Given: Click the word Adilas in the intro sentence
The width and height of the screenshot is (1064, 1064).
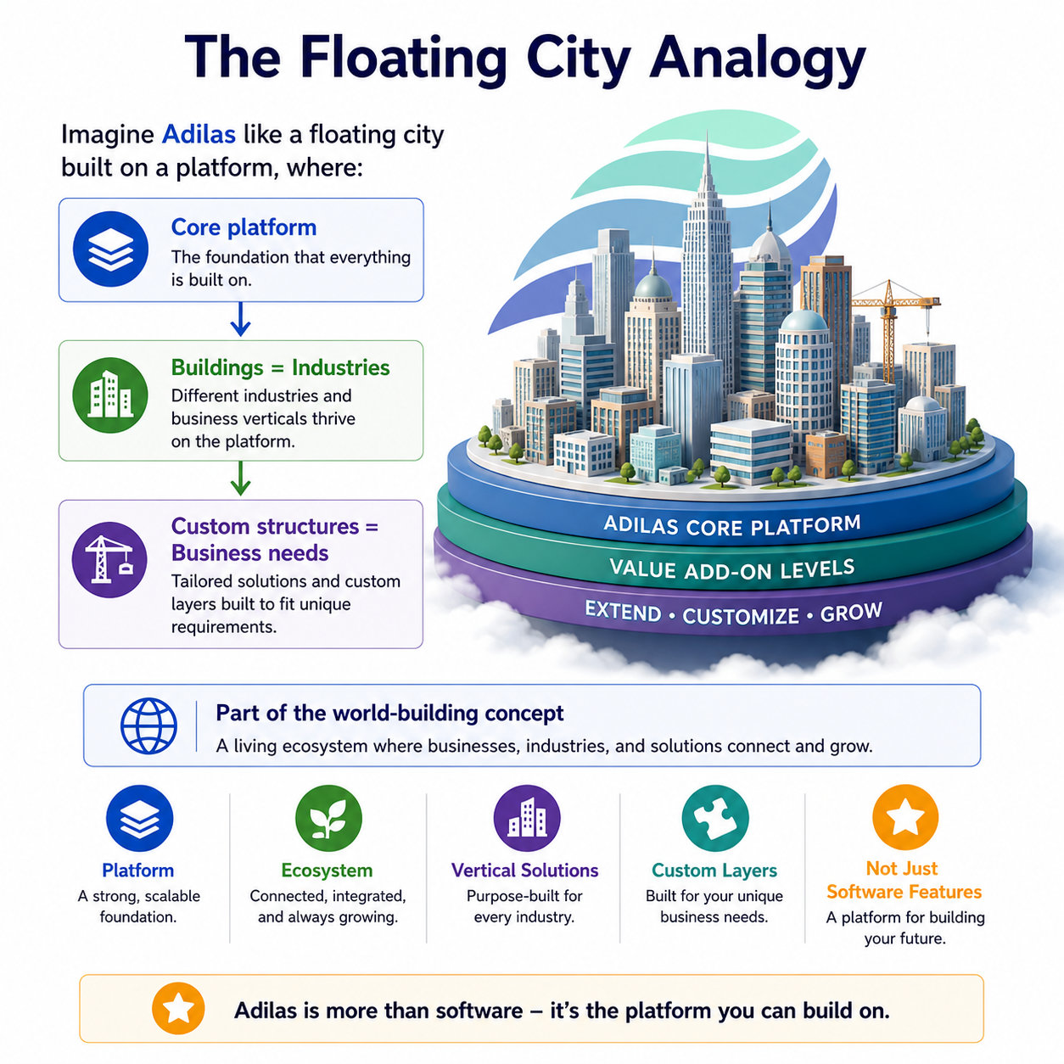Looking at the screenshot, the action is click(199, 134).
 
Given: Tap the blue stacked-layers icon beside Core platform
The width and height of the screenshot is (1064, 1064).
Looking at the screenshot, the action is click(110, 249).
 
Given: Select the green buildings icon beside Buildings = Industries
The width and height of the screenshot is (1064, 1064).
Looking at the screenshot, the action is click(110, 395).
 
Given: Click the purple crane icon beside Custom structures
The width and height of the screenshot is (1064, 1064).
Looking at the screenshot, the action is click(109, 559).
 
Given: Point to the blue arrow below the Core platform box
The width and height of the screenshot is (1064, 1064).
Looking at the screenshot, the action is click(240, 319).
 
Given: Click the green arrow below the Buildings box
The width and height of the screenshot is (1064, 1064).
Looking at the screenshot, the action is click(240, 479).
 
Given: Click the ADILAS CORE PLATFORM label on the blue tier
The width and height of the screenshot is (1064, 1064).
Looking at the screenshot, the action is click(732, 525).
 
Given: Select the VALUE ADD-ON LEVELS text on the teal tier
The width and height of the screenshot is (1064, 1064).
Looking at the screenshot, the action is click(732, 568).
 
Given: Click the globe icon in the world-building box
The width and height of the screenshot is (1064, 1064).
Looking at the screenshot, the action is click(148, 725).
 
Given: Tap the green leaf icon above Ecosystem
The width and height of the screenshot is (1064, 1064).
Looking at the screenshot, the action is click(328, 818).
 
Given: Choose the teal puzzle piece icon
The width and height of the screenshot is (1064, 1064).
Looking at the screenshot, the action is click(715, 818).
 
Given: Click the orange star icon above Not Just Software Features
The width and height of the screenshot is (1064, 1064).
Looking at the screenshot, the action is click(905, 817).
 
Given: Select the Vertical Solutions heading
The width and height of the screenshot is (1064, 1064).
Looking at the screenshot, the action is click(524, 871).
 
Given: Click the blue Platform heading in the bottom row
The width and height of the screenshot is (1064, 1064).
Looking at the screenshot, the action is click(138, 871).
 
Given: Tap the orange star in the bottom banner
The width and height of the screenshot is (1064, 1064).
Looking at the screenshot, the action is click(178, 1009).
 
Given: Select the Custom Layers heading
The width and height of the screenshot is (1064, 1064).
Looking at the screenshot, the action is click(714, 871).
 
